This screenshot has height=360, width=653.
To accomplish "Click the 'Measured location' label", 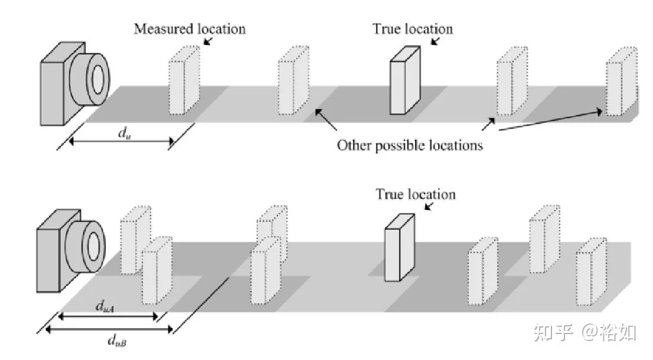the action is [190, 29].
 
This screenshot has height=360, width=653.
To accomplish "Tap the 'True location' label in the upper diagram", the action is [412, 29].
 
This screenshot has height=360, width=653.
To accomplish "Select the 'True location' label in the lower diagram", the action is [416, 194].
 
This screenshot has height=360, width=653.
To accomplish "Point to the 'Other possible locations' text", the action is [410, 145].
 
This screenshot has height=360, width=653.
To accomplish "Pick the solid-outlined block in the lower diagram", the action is [399, 248].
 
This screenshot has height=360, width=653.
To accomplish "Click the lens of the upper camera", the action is [90, 79].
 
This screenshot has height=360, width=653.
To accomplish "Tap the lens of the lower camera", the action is [86, 247].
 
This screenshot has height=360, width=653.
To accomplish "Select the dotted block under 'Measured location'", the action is [184, 80].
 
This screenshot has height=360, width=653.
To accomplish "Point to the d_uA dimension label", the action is [105, 307].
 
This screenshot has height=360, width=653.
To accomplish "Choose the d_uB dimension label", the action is [117, 341].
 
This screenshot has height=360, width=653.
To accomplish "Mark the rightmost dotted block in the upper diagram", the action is [622, 81].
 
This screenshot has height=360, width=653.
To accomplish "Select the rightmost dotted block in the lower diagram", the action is [592, 271].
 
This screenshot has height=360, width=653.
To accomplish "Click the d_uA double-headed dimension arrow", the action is [108, 317].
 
